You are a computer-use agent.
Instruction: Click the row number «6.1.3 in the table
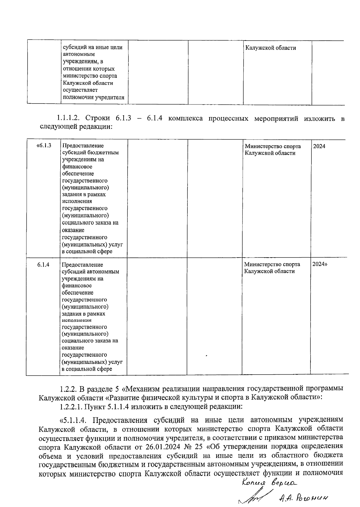pyautogui.click(x=43, y=146)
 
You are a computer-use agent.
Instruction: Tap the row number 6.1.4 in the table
pyautogui.click(x=43, y=265)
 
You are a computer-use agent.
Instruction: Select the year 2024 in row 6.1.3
pyautogui.click(x=319, y=146)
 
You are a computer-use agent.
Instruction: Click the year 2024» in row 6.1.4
pyautogui.click(x=320, y=264)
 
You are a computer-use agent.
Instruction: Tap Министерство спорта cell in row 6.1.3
pyautogui.click(x=272, y=149)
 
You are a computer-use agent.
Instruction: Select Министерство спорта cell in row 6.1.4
pyautogui.click(x=272, y=268)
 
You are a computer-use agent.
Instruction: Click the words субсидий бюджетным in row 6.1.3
pyautogui.click(x=90, y=152)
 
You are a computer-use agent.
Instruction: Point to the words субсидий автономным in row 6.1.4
pyautogui.click(x=90, y=272)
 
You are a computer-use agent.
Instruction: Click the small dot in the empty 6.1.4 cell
pyautogui.click(x=207, y=356)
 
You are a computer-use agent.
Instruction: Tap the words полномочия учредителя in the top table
pyautogui.click(x=93, y=98)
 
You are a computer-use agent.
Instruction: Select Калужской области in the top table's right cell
pyautogui.click(x=271, y=48)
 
